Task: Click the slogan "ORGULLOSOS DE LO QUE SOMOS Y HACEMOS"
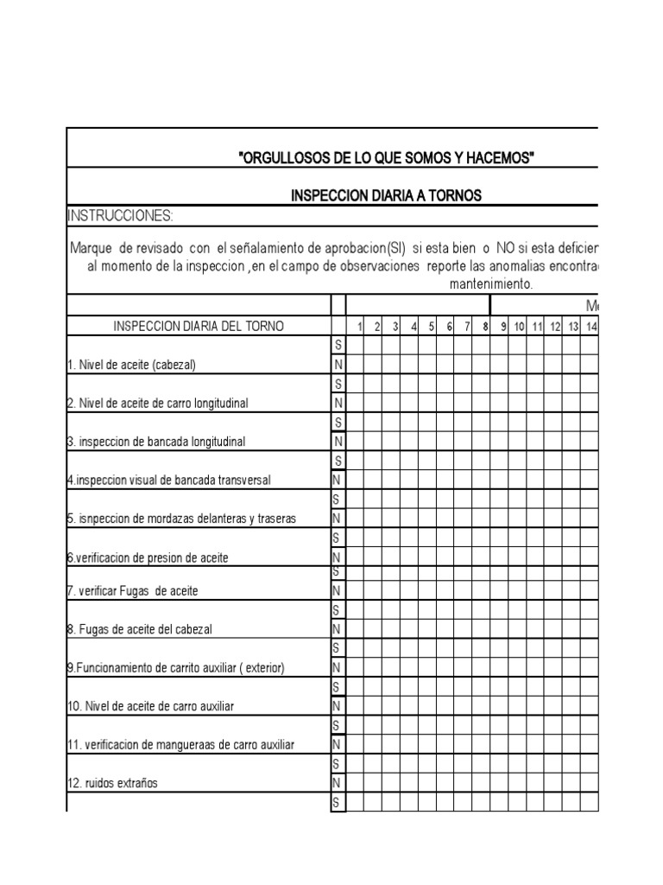[x=386, y=157]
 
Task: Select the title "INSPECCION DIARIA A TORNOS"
[x=386, y=196]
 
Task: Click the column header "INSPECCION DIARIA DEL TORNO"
[x=199, y=326]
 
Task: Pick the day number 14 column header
[x=591, y=326]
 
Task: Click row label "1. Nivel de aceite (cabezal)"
[x=132, y=365]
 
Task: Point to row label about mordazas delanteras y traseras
[x=181, y=519]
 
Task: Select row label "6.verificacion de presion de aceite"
[x=148, y=557]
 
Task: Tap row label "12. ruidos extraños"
[x=112, y=783]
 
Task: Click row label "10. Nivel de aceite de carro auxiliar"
[x=150, y=706]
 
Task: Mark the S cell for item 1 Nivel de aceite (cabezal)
[x=338, y=345]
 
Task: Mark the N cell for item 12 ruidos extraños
[x=338, y=783]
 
